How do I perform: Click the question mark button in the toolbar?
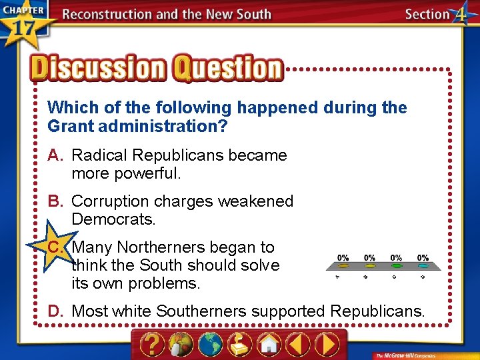point(153,345)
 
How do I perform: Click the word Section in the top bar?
point(427,14)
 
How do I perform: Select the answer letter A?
point(55,155)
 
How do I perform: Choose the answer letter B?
point(55,201)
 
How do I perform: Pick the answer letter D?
point(55,310)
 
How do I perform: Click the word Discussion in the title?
point(97,69)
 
